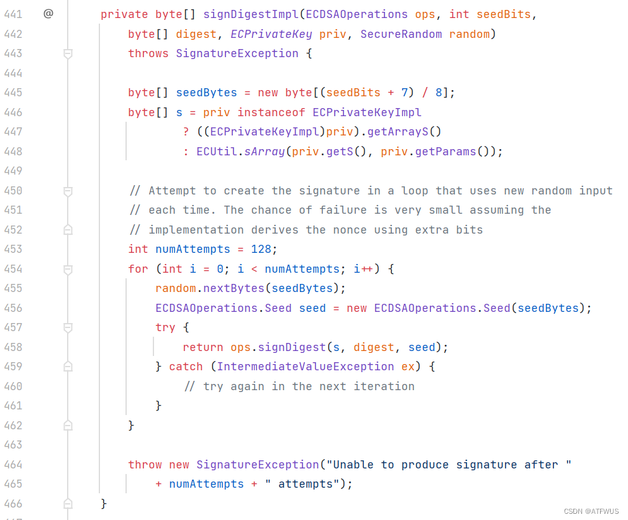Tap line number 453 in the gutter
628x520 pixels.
tap(13, 249)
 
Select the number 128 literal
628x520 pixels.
tap(262, 249)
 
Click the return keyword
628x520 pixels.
tap(203, 347)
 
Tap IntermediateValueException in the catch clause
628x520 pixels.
tap(306, 367)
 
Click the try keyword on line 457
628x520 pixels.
tap(166, 327)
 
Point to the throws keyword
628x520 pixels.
tap(148, 53)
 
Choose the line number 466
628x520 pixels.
tap(13, 503)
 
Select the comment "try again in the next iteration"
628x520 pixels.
tap(299, 386)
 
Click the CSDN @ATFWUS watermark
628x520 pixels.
tap(591, 511)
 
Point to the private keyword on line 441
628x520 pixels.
tap(124, 14)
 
